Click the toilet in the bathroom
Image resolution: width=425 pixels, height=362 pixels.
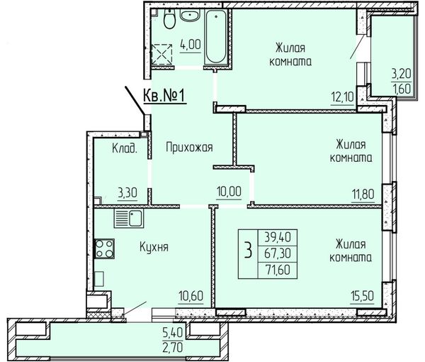tap(169, 18)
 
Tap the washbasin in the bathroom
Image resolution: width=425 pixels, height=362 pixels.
tap(190, 15)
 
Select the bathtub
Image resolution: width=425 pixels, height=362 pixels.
tap(216, 37)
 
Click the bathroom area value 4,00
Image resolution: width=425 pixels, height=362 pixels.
tap(191, 44)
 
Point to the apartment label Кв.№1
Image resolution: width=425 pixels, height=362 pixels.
tap(164, 96)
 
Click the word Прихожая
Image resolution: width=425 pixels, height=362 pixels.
tap(189, 148)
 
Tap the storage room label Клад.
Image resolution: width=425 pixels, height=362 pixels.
tap(125, 148)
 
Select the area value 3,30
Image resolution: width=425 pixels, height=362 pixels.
tap(127, 193)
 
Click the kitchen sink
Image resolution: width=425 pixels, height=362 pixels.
tap(129, 219)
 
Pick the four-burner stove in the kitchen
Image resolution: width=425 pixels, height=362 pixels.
tap(104, 248)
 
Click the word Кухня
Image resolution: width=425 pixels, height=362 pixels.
tap(154, 247)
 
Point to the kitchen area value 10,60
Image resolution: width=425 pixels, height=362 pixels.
tap(191, 296)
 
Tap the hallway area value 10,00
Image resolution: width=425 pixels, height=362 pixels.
tap(229, 192)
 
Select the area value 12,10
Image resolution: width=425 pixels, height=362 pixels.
tap(342, 97)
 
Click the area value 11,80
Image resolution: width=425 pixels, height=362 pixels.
tap(363, 194)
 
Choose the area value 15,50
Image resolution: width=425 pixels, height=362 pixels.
tap(362, 296)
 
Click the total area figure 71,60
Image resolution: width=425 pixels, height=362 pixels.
tap(278, 270)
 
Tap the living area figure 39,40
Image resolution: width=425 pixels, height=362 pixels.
tap(278, 237)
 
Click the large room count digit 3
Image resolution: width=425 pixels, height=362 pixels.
tap(248, 251)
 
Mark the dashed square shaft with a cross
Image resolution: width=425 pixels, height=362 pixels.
tap(161, 55)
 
